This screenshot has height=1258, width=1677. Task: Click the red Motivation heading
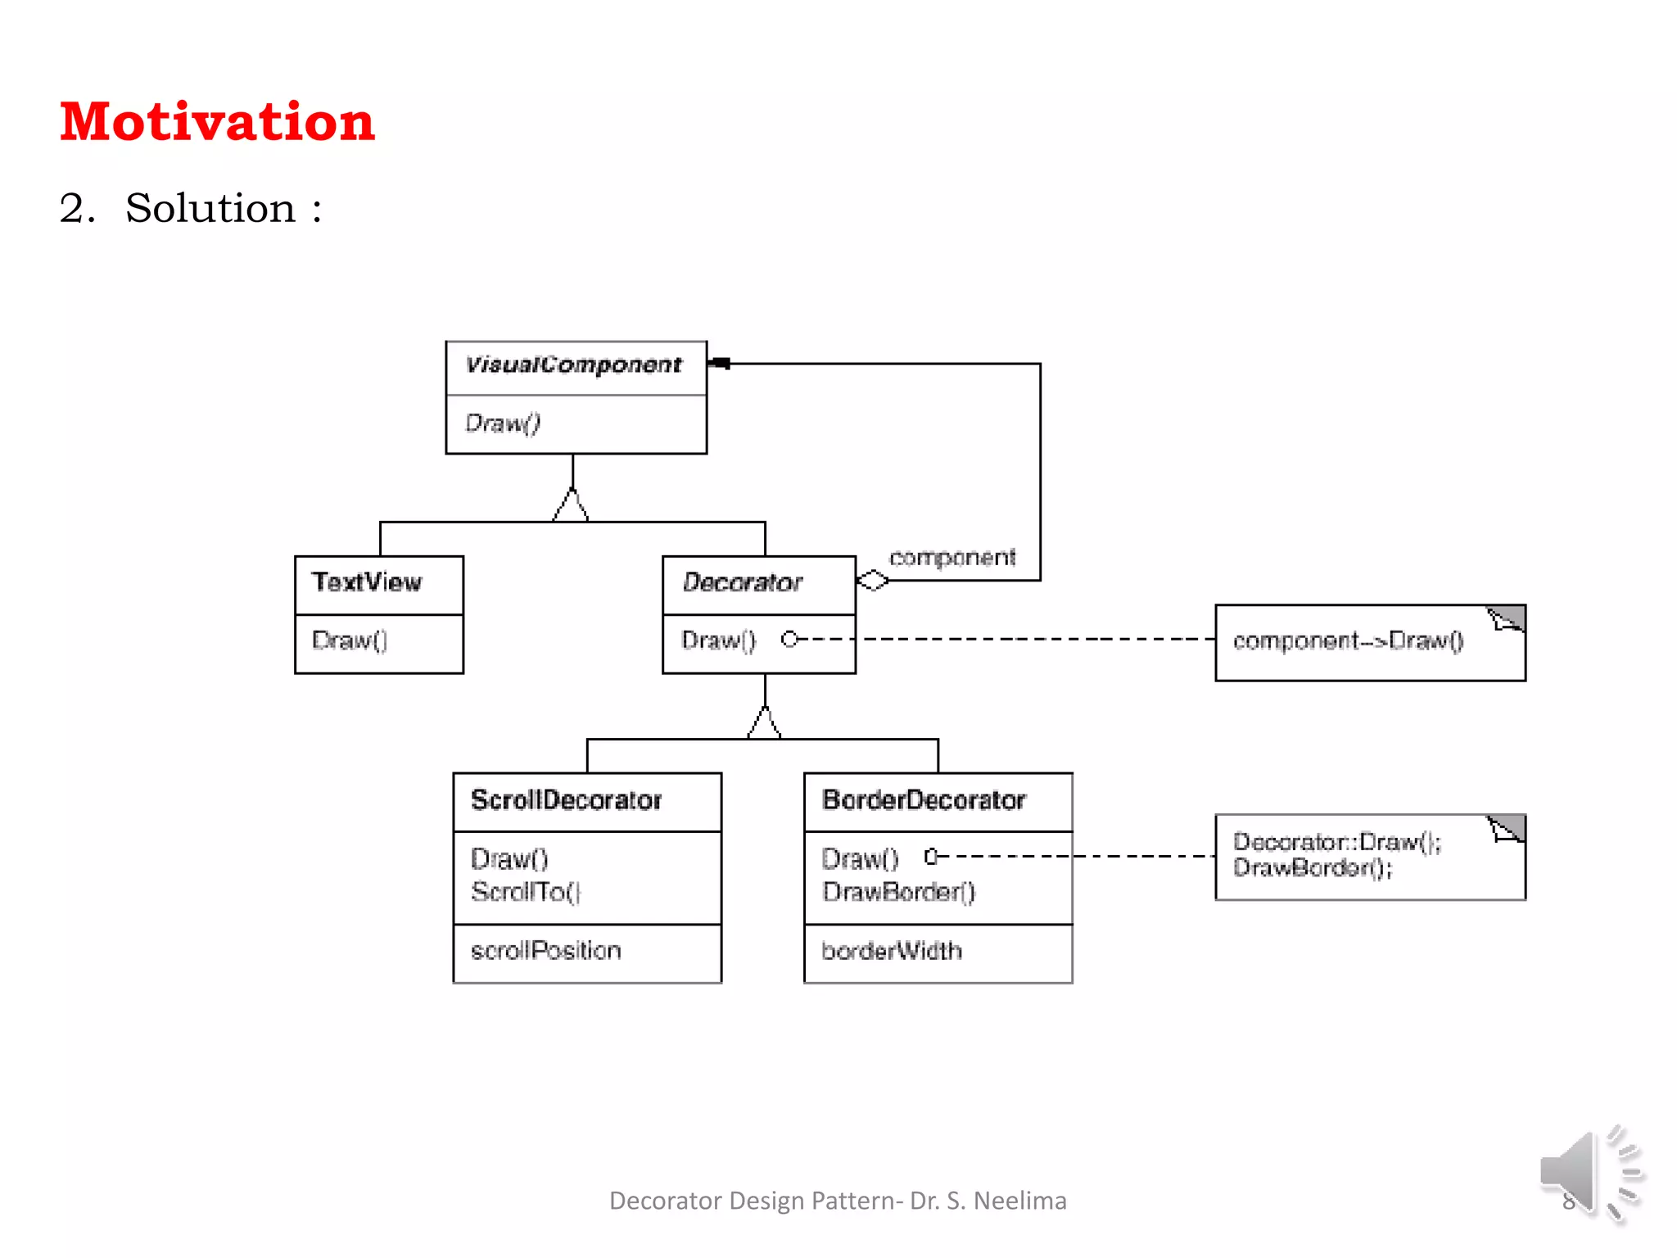(x=217, y=122)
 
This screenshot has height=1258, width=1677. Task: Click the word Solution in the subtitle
(x=210, y=208)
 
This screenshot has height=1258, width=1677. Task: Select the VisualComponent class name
(x=573, y=364)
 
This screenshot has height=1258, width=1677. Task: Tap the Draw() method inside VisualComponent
(x=503, y=423)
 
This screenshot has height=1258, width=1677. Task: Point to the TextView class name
(x=367, y=582)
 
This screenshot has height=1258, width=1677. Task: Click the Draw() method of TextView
(x=350, y=640)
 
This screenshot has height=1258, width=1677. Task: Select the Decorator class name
(x=742, y=582)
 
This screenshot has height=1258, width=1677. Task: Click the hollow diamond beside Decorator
(x=872, y=581)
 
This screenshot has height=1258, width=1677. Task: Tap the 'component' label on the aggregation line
(x=952, y=558)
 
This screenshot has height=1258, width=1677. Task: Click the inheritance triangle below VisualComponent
(x=571, y=505)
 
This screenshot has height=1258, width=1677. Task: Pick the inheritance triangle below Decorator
(x=764, y=722)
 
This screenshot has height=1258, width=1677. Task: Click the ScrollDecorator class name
(x=566, y=800)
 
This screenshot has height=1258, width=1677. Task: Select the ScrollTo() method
(x=526, y=892)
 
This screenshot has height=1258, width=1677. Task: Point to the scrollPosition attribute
(x=545, y=951)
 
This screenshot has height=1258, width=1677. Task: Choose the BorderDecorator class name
(x=924, y=800)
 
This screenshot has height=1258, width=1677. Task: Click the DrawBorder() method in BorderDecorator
(x=898, y=892)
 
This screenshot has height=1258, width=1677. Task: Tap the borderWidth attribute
(x=892, y=951)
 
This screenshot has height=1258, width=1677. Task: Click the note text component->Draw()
(x=1348, y=640)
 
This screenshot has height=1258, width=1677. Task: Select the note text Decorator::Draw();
(x=1336, y=842)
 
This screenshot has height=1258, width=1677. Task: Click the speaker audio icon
(x=1589, y=1173)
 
